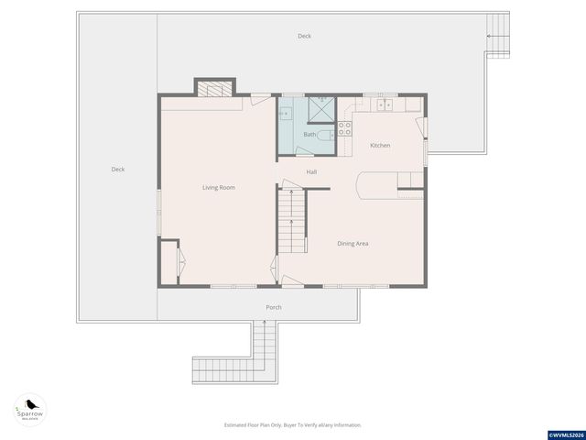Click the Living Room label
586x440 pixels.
(219, 188)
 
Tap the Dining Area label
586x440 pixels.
(353, 243)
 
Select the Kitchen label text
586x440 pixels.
(380, 146)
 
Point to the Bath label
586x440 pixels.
(309, 135)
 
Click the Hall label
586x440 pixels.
(311, 171)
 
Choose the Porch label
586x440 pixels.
(273, 307)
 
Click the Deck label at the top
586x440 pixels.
(304, 36)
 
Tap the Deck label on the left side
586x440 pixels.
(117, 169)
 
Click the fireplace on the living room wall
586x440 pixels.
(213, 88)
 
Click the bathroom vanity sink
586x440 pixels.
(285, 115)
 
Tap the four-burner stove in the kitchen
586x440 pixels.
(345, 129)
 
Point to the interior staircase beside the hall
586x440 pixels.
(291, 222)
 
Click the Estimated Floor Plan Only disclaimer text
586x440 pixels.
(293, 425)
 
